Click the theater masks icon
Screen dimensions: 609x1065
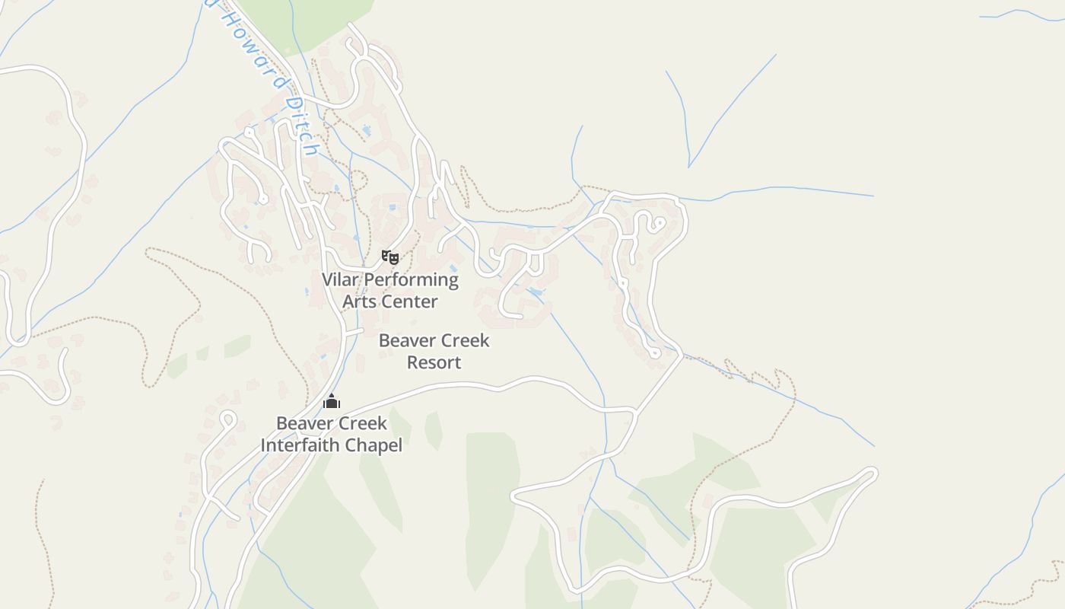(390, 257)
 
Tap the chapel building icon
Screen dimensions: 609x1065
(332, 401)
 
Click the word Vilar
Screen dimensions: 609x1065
(340, 279)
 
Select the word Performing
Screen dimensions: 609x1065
(411, 280)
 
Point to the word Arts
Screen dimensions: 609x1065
(359, 301)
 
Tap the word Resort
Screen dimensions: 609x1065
(434, 362)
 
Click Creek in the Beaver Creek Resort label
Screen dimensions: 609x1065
(463, 340)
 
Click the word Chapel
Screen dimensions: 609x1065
(374, 445)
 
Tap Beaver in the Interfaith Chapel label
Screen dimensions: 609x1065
(302, 423)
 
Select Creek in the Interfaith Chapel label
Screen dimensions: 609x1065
(361, 423)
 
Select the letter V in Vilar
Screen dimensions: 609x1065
(328, 279)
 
